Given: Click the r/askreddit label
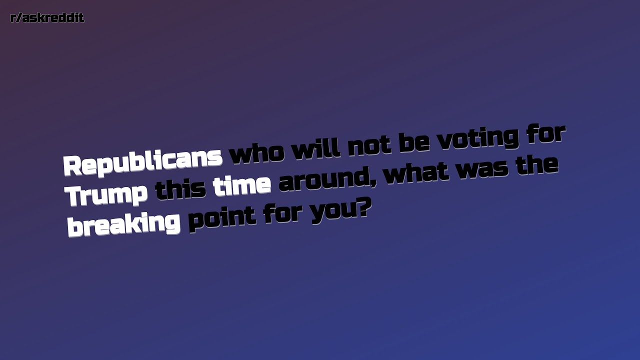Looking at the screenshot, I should click(47, 18).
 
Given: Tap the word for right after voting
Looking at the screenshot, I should click(544, 134).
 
